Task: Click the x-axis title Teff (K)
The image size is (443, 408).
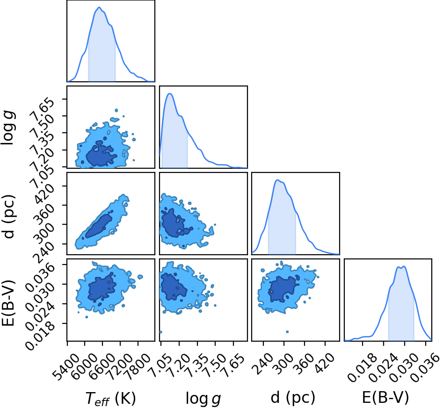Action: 111,399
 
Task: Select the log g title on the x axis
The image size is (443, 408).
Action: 203,399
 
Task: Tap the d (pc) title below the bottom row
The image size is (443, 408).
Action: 293,398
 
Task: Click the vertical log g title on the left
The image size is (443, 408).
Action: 8,128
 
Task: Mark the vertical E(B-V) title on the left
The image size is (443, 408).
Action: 8,303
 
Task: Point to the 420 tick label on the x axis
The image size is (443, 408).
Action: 325,363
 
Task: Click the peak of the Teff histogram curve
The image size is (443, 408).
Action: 99,7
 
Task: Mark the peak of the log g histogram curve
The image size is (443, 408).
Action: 170,93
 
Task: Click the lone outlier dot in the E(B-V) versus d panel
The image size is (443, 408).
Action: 287,332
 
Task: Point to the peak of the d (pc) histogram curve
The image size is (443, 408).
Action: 277,180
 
